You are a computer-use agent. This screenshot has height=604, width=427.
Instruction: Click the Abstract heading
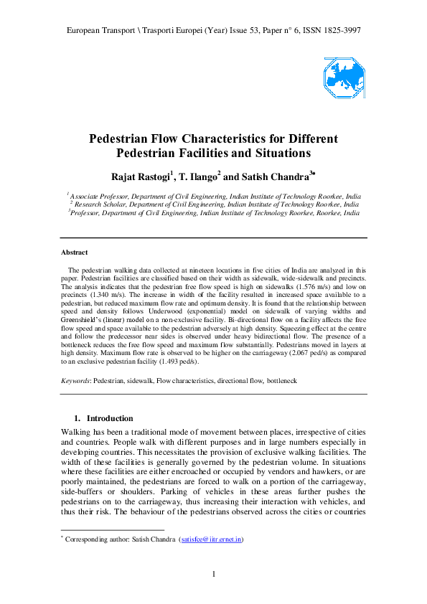point(75,253)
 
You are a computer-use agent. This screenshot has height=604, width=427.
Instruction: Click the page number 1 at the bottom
point(214,573)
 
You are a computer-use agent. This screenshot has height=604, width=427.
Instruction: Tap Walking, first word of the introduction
point(78,432)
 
